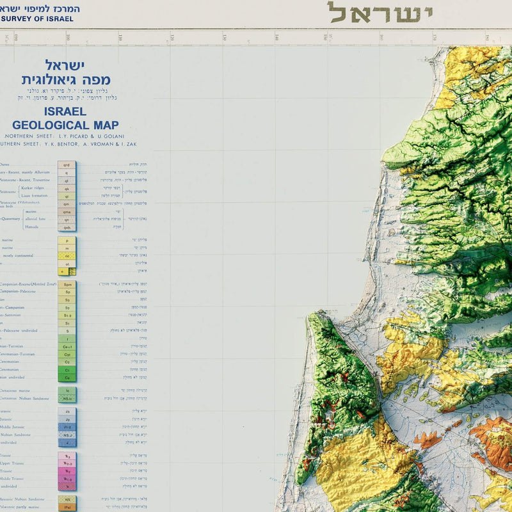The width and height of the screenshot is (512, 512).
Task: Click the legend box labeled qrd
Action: (x=67, y=164)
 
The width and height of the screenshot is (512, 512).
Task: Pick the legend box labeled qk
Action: (x=67, y=188)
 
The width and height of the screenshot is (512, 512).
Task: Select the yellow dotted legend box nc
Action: (x=67, y=255)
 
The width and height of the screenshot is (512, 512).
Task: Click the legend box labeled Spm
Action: (x=67, y=284)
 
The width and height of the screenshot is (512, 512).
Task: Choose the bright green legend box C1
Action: (x=67, y=369)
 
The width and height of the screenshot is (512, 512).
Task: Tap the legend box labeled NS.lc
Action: (x=67, y=398)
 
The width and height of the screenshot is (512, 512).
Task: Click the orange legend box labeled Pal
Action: (x=67, y=507)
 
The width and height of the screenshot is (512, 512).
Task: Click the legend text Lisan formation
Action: (x=36, y=196)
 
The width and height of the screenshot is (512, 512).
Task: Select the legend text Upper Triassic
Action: (x=13, y=463)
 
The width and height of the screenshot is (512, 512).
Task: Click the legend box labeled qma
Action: (x=67, y=211)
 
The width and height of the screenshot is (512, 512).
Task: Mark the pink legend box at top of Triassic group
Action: (x=67, y=456)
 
